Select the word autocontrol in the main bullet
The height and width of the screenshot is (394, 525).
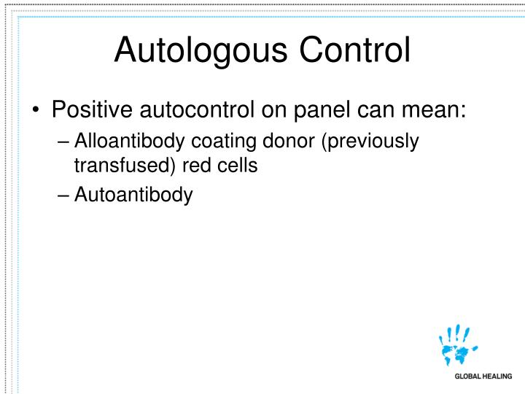click(x=204, y=110)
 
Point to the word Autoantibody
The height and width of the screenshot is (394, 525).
click(x=133, y=195)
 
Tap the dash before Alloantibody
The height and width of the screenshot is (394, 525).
click(x=63, y=142)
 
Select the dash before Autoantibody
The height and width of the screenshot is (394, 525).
click(x=63, y=196)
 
